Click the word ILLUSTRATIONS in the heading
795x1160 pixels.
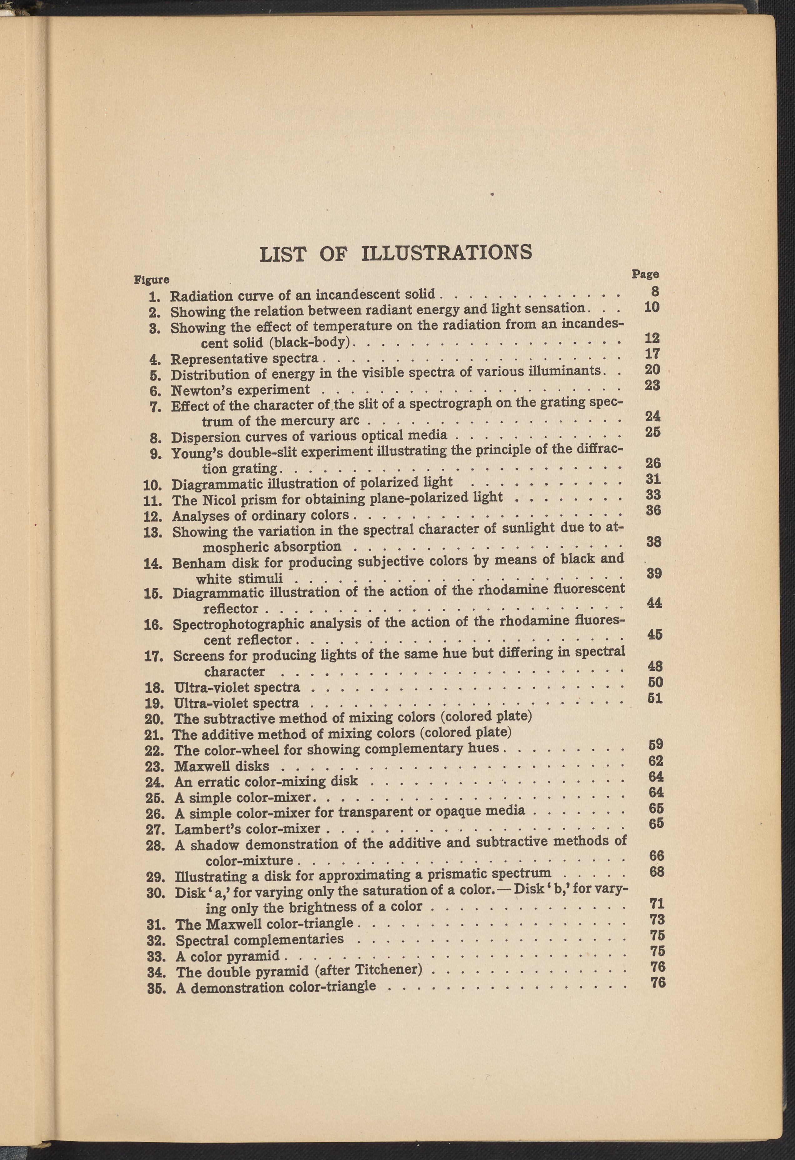pos(446,252)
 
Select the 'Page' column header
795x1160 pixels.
pos(645,274)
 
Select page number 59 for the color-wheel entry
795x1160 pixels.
pos(656,745)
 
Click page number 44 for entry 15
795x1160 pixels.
pos(655,603)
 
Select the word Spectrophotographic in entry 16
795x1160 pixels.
pos(239,624)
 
